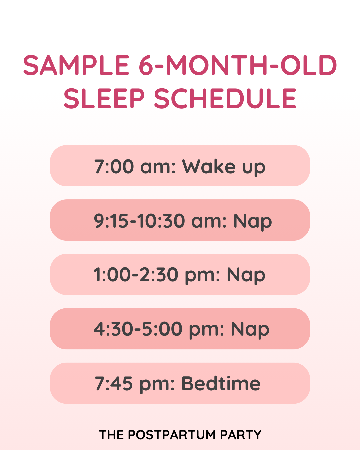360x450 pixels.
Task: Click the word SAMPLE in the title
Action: pyautogui.click(x=76, y=65)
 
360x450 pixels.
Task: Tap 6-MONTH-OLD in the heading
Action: pyautogui.click(x=238, y=65)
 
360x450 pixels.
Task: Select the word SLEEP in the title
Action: pyautogui.click(x=104, y=99)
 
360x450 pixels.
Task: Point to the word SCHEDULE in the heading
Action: pyautogui.click(x=225, y=99)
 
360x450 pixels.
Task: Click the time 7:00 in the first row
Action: pyautogui.click(x=114, y=166)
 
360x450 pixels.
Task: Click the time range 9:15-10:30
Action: pyautogui.click(x=139, y=221)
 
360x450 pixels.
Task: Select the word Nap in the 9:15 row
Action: pyautogui.click(x=253, y=221)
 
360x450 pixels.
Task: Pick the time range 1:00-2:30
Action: pyautogui.click(x=136, y=275)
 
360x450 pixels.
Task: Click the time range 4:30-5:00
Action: pyautogui.click(x=138, y=329)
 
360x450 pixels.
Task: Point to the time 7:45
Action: pyautogui.click(x=114, y=384)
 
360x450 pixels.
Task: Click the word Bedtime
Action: pyautogui.click(x=221, y=384)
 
